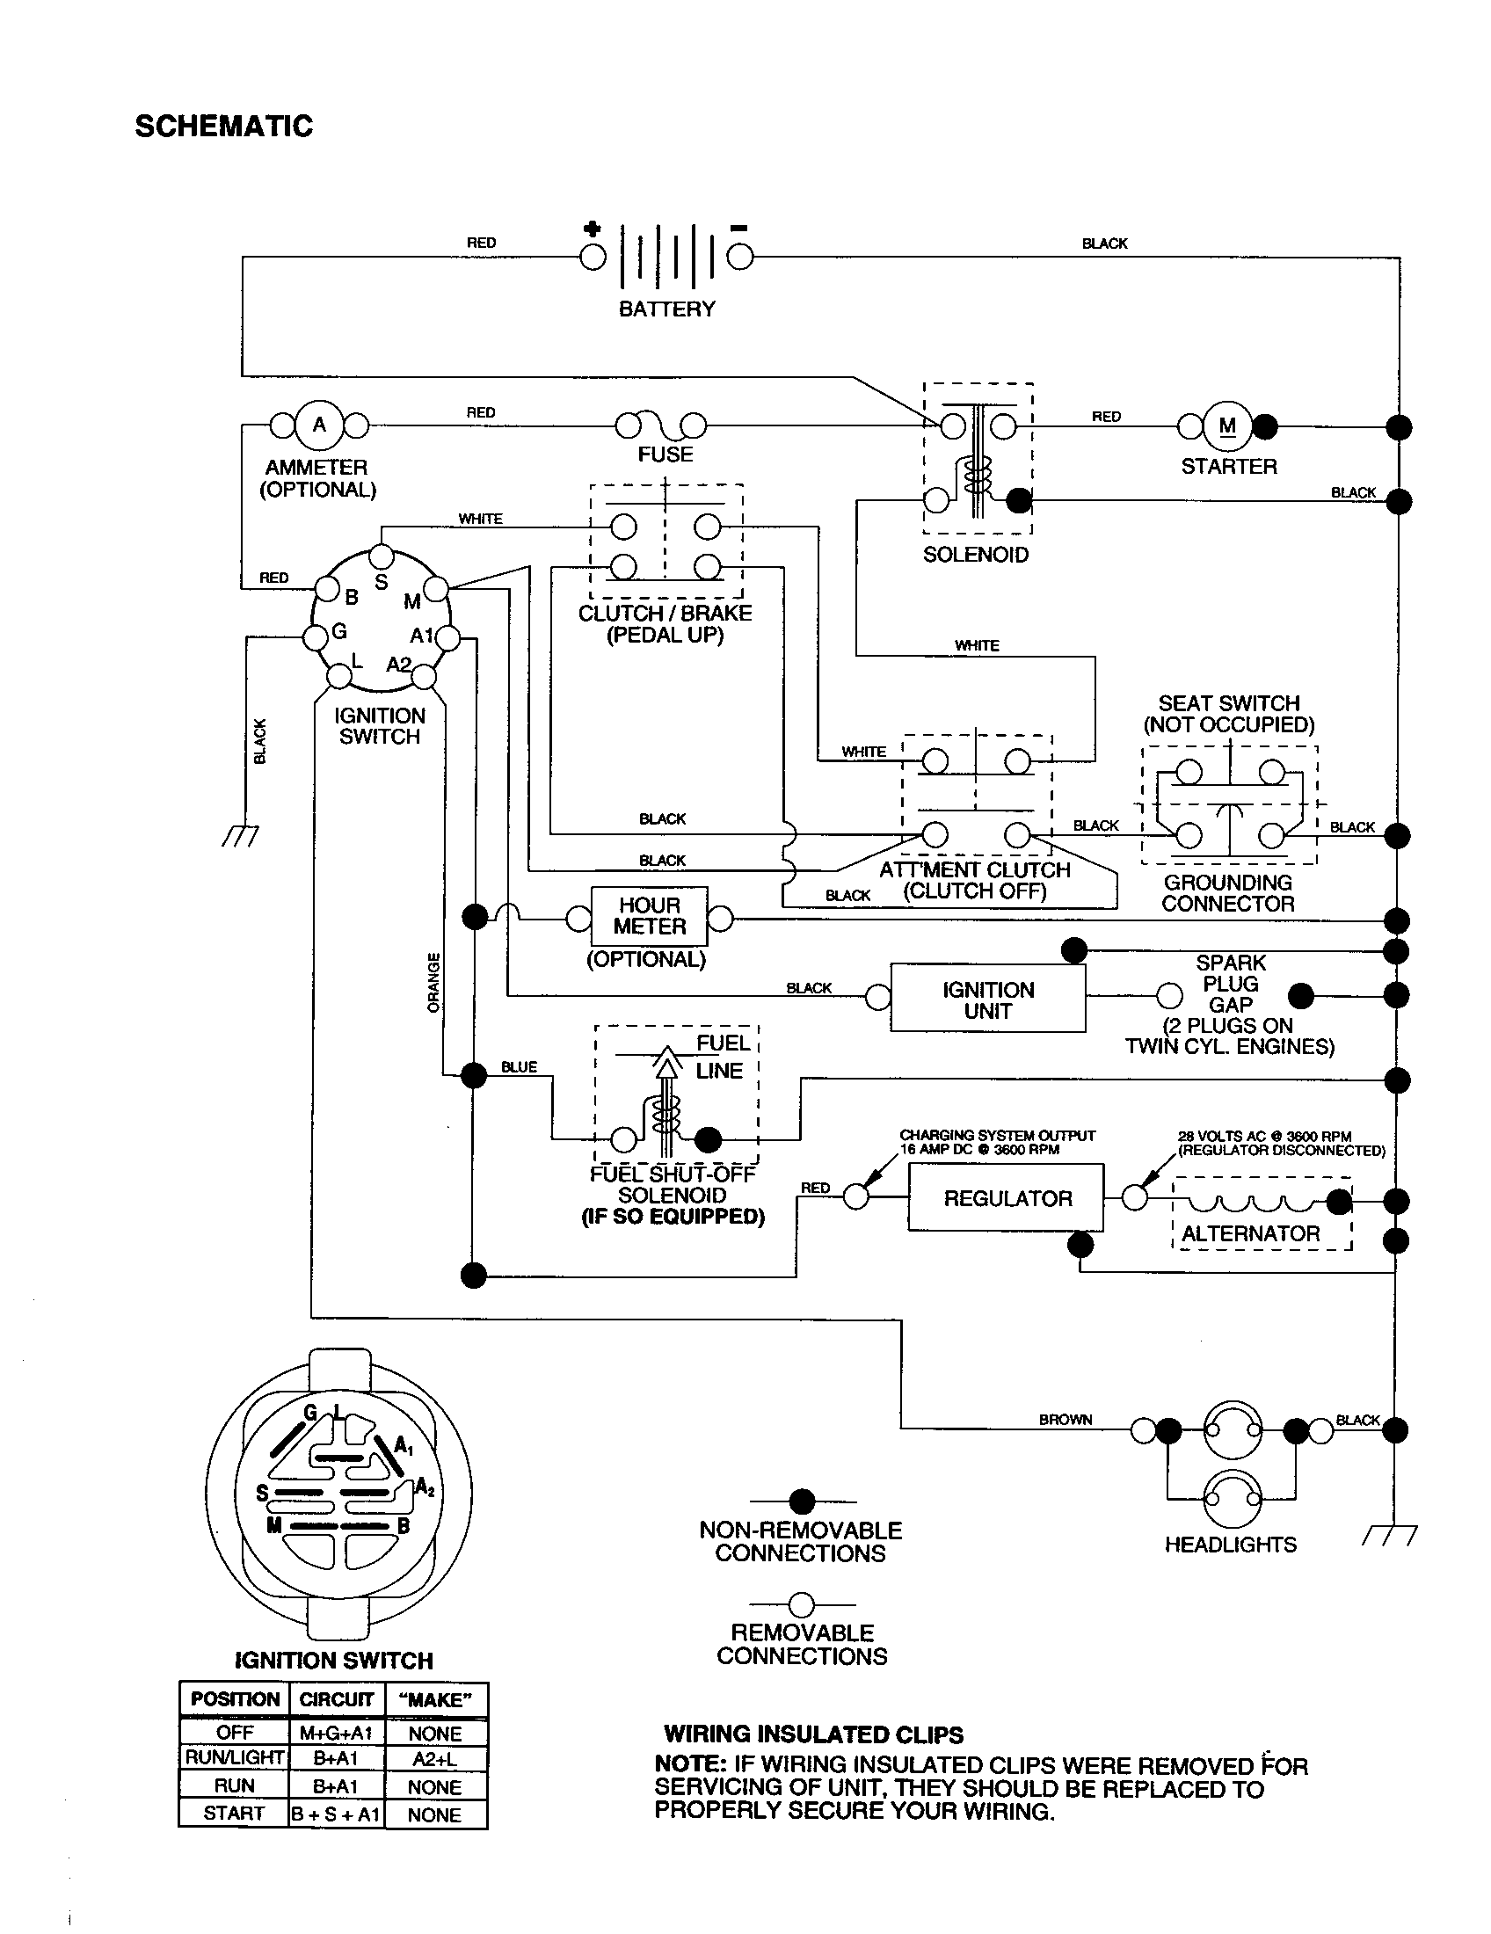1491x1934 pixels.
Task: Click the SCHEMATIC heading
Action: pyautogui.click(x=224, y=127)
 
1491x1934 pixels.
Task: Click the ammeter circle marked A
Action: pyautogui.click(x=319, y=425)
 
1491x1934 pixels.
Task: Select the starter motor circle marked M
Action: pyautogui.click(x=1227, y=427)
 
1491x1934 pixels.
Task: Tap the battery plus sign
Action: pyautogui.click(x=592, y=229)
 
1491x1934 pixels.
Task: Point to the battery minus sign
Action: pyautogui.click(x=738, y=229)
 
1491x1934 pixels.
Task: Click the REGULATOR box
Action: pyautogui.click(x=1006, y=1198)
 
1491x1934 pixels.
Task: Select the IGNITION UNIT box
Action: pyautogui.click(x=987, y=1000)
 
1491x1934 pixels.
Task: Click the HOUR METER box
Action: pyautogui.click(x=650, y=917)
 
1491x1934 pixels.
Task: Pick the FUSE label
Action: pyautogui.click(x=665, y=454)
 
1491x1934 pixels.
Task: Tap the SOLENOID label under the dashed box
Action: pyautogui.click(x=975, y=556)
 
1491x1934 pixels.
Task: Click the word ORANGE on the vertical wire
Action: pyautogui.click(x=433, y=982)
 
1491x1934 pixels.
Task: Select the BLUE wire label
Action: pyautogui.click(x=519, y=1067)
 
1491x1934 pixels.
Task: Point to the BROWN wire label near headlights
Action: pyautogui.click(x=1066, y=1420)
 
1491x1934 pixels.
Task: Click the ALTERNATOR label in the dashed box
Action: pyautogui.click(x=1250, y=1233)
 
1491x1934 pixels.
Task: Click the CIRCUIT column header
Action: pyautogui.click(x=337, y=1699)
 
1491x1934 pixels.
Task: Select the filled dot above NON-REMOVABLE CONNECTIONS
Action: pyautogui.click(x=801, y=1501)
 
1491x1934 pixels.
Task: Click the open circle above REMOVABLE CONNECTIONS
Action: pyautogui.click(x=801, y=1604)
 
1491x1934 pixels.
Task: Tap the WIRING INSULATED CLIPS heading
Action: pyautogui.click(x=813, y=1734)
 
